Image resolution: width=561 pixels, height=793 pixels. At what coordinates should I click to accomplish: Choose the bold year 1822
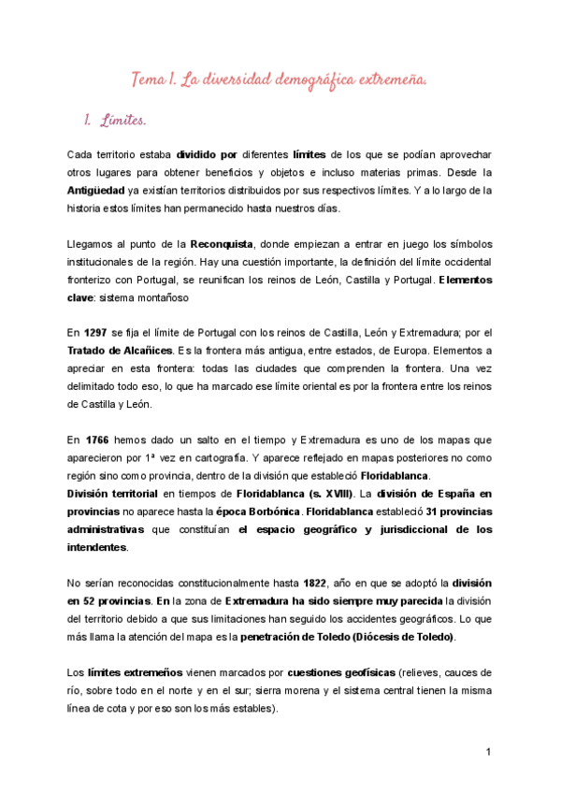point(323,583)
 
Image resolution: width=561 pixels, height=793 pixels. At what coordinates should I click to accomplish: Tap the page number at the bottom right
point(488,753)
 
